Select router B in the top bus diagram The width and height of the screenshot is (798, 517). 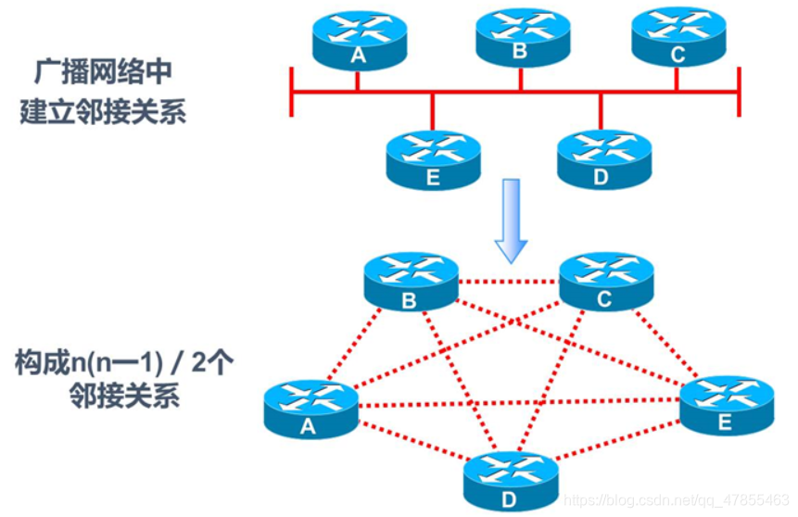click(520, 37)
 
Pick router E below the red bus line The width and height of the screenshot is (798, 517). click(433, 159)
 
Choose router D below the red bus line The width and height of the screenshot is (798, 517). click(602, 158)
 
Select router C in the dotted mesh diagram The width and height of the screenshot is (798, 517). click(605, 282)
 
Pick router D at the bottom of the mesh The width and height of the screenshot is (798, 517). click(511, 480)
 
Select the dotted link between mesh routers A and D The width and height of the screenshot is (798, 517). click(408, 442)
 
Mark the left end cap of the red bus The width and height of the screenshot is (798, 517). click(292, 92)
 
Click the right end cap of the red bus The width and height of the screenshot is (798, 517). click(739, 92)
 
